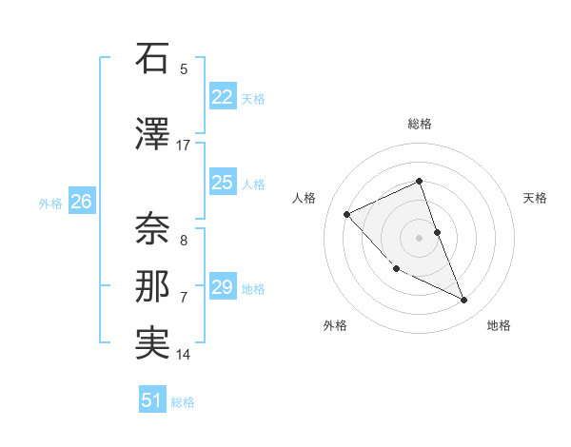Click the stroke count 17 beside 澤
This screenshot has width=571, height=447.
coord(184,146)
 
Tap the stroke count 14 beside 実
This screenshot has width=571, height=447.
coord(184,355)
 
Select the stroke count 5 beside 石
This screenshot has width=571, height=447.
coord(184,68)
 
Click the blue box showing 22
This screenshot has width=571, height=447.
coord(223,97)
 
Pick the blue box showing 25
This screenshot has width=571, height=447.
coord(223,183)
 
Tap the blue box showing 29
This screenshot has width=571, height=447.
coord(223,287)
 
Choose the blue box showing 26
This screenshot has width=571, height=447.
coord(82,202)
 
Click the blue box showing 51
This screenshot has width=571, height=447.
coord(152,400)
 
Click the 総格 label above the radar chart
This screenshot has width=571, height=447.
coord(420,124)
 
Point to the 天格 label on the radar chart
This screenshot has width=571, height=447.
coord(536,198)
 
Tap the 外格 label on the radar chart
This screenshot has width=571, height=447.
coord(335,325)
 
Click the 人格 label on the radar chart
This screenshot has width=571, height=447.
coord(304,198)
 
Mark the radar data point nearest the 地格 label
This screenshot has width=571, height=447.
coord(464,301)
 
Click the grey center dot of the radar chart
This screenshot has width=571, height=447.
coord(420,238)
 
